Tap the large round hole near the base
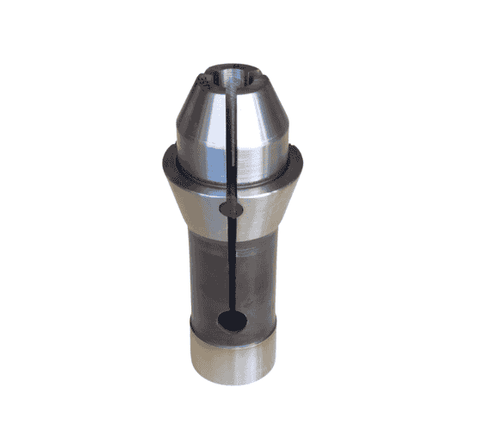tap(233, 321)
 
